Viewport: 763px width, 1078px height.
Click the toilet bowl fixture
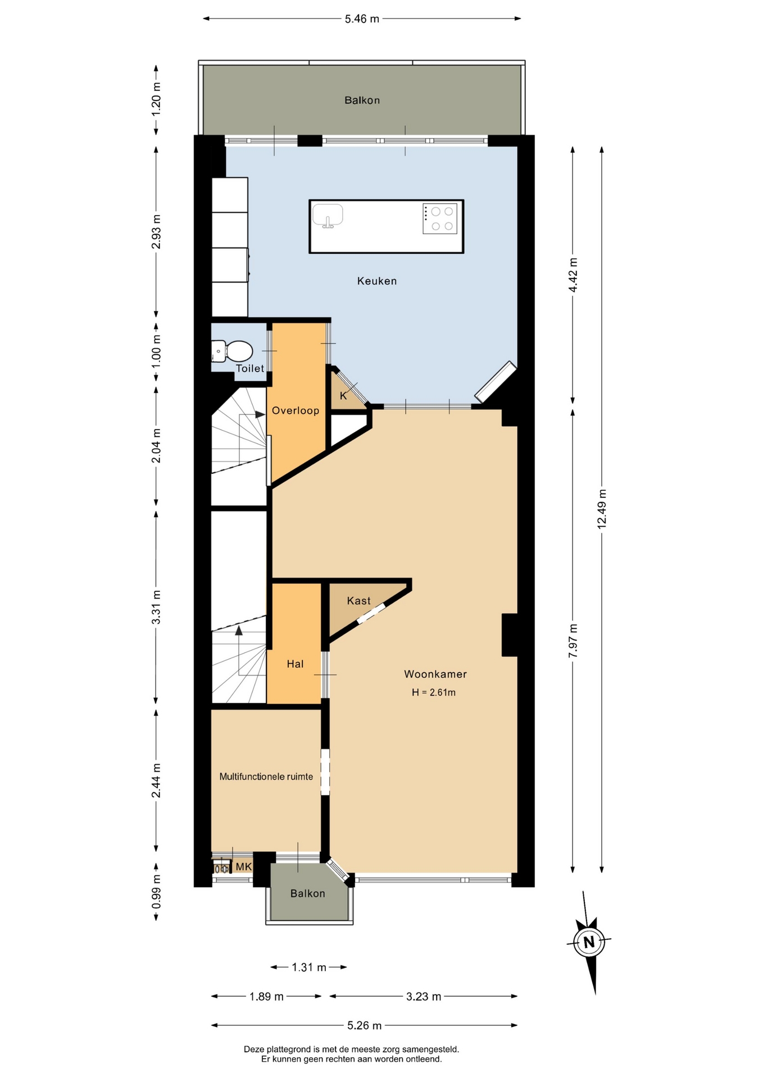pyautogui.click(x=233, y=351)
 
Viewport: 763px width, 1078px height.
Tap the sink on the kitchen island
pyautogui.click(x=328, y=216)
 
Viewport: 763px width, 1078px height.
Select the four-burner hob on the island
pyautogui.click(x=440, y=219)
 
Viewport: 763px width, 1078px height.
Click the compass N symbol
pyautogui.click(x=589, y=942)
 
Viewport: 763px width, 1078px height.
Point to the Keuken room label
pyautogui.click(x=377, y=281)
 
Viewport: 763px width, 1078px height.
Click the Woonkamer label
pyautogui.click(x=435, y=674)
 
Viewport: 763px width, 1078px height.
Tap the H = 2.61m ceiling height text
pyautogui.click(x=434, y=692)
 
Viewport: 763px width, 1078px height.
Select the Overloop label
pyautogui.click(x=296, y=410)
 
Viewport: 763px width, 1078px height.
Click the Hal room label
pyautogui.click(x=295, y=664)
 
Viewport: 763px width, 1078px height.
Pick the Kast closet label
pyautogui.click(x=359, y=601)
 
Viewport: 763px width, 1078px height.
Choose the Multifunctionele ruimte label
pyautogui.click(x=266, y=776)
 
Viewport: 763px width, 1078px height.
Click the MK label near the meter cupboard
pyautogui.click(x=244, y=867)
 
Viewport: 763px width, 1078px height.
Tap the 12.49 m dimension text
pyautogui.click(x=602, y=509)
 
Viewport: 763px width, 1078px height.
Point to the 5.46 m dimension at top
pyautogui.click(x=362, y=19)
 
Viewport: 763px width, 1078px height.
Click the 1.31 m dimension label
pyautogui.click(x=309, y=967)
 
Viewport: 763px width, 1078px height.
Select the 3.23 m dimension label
pyautogui.click(x=424, y=997)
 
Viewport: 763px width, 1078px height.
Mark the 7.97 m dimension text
pyautogui.click(x=573, y=641)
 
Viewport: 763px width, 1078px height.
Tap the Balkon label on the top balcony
pyautogui.click(x=362, y=101)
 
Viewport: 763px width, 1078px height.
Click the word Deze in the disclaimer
pyautogui.click(x=254, y=1049)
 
